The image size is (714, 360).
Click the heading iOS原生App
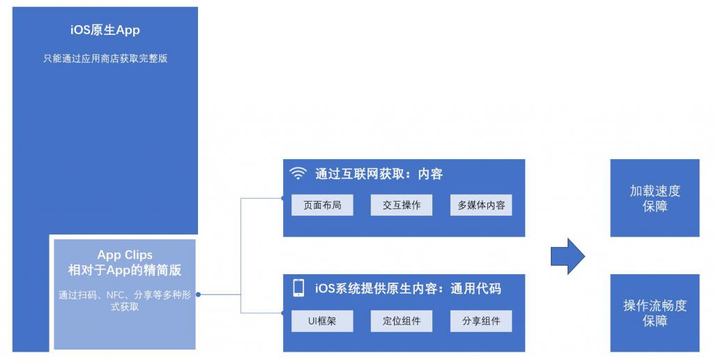[x=105, y=30]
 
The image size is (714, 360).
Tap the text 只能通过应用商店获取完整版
[x=105, y=59]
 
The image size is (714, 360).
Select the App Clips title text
[x=125, y=255]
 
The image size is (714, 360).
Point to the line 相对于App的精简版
[x=125, y=270]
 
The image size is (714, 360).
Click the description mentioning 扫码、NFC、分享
[x=125, y=301]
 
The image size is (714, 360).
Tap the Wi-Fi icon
[x=298, y=174]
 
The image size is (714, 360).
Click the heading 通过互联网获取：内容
[x=379, y=174]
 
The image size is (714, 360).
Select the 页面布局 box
[x=322, y=205]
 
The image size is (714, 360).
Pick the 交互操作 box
[x=402, y=205]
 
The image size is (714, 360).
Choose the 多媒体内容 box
[x=481, y=205]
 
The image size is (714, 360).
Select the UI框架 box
[x=322, y=321]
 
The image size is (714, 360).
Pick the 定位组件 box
[x=402, y=321]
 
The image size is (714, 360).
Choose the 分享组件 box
[x=481, y=321]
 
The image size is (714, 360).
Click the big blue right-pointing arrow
[x=567, y=256]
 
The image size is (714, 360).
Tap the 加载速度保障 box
[x=655, y=198]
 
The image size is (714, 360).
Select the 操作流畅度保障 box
[x=655, y=313]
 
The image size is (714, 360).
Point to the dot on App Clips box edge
[x=198, y=294]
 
